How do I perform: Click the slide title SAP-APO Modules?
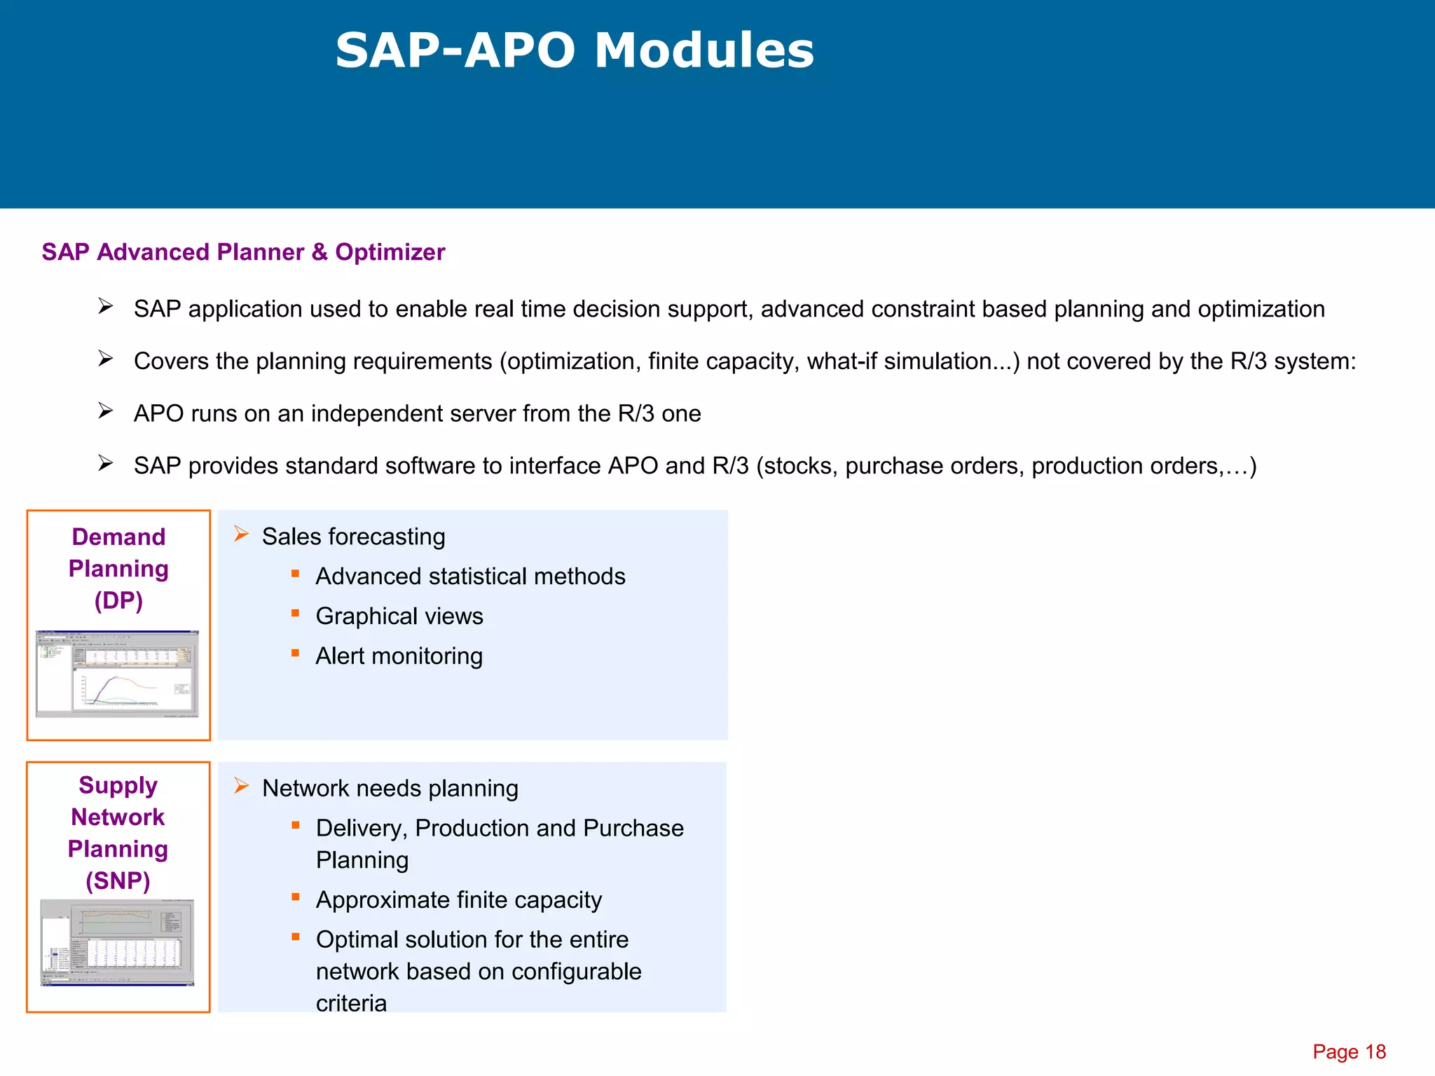tap(575, 50)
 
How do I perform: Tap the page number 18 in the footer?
tap(1375, 1051)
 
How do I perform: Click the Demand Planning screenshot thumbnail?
tap(118, 674)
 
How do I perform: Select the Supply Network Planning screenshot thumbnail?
tap(118, 942)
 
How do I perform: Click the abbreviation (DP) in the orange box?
tap(118, 600)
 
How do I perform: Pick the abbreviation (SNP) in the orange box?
tap(118, 881)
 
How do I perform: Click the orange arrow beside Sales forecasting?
tap(242, 534)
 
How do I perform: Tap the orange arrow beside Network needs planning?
tap(242, 786)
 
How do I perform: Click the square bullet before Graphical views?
tap(296, 614)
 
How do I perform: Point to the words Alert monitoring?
tap(399, 656)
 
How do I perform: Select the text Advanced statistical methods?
tap(470, 577)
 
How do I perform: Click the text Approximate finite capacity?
tap(458, 900)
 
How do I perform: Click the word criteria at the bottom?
tap(351, 1003)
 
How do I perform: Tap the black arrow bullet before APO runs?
tap(106, 411)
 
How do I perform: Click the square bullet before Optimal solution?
tap(296, 937)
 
